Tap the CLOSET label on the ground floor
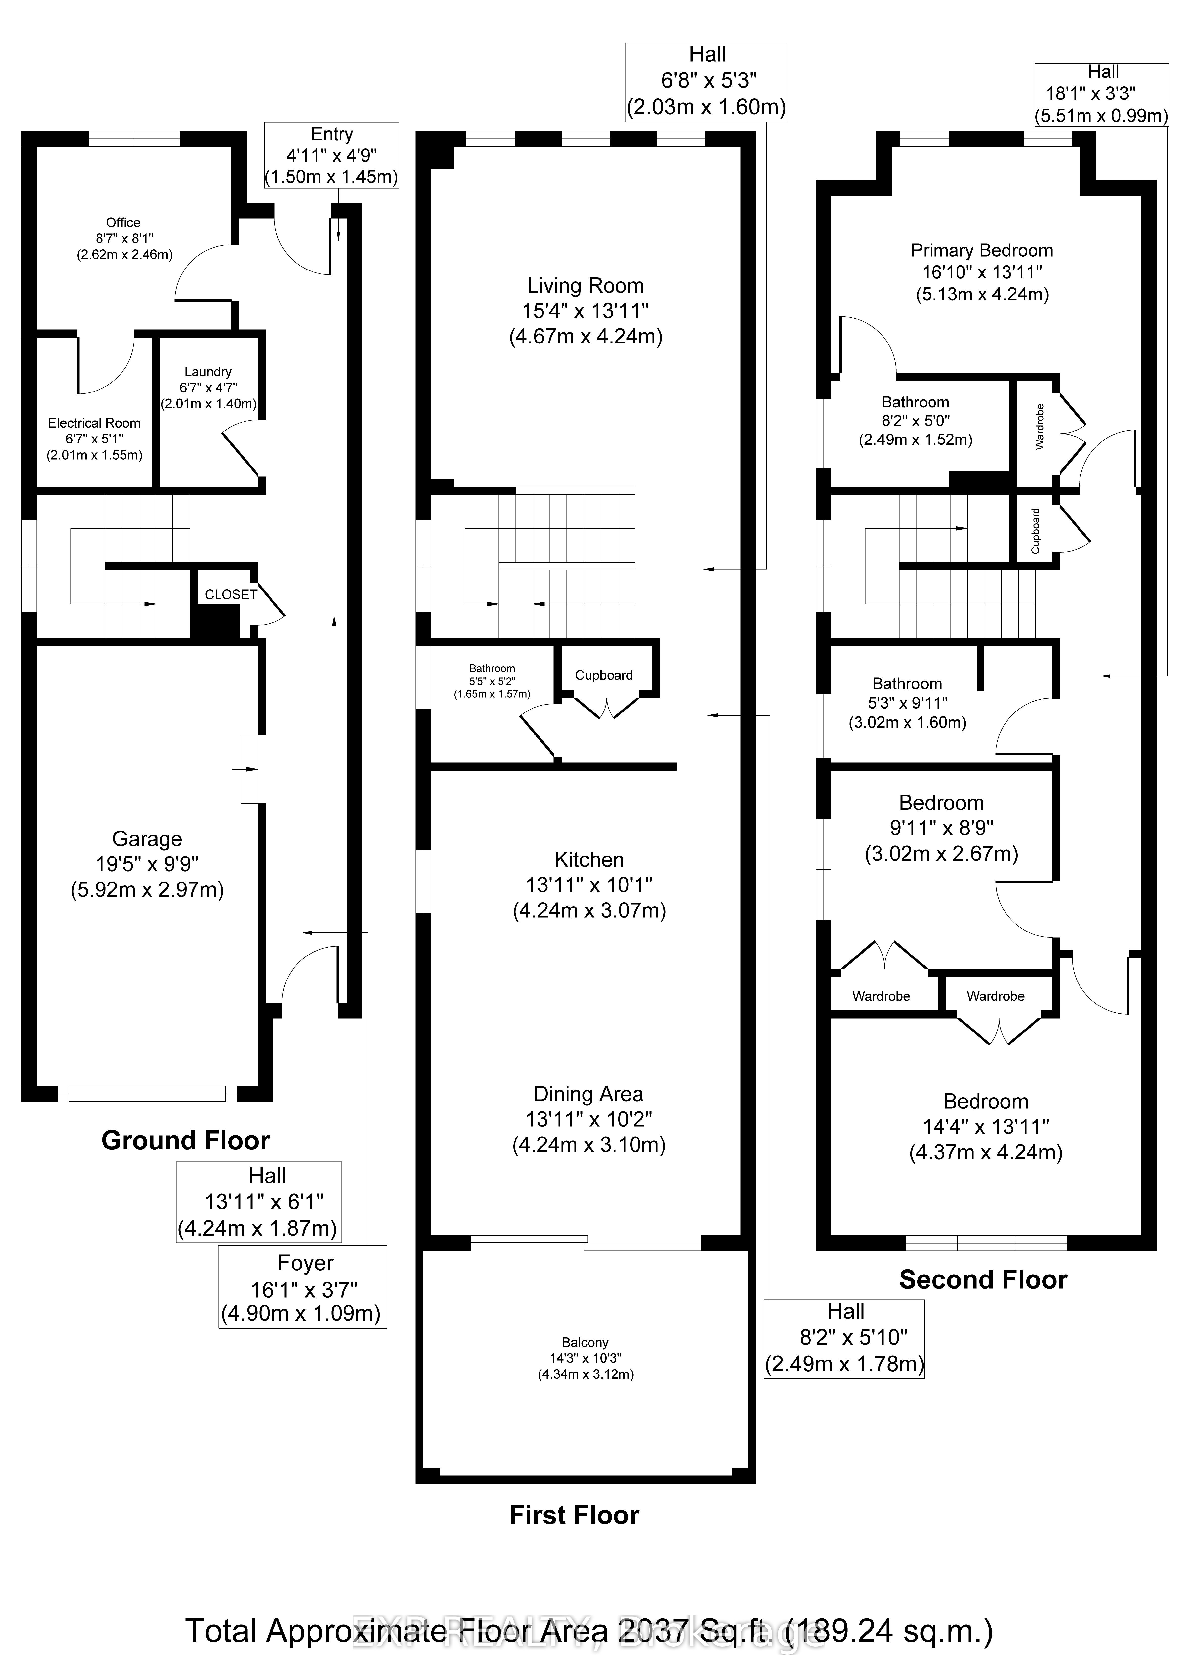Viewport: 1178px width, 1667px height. coord(231,595)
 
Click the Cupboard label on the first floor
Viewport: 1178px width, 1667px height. coord(604,675)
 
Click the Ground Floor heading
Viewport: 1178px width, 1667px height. coord(186,1141)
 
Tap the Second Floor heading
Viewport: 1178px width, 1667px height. coord(983,1280)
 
